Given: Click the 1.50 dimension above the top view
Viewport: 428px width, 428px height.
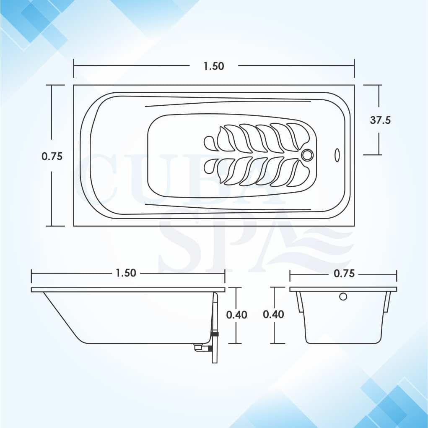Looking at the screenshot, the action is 214,66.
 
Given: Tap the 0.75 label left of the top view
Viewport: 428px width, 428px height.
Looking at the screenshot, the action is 52,156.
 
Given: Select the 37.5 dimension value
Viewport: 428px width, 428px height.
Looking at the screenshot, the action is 380,120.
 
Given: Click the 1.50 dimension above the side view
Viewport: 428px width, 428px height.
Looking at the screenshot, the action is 126,273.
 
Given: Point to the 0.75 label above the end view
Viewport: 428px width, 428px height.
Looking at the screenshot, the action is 344,273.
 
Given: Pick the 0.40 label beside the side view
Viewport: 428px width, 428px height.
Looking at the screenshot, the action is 237,315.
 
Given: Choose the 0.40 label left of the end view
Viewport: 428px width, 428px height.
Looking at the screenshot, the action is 273,314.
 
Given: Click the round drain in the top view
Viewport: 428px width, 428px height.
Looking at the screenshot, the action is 307,155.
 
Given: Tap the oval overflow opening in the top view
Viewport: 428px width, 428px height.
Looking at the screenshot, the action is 337,155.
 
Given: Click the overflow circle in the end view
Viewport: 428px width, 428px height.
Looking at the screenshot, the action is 343,297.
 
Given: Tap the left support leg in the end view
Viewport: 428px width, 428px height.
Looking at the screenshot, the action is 300,302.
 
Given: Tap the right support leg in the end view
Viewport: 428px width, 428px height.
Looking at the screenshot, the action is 387,302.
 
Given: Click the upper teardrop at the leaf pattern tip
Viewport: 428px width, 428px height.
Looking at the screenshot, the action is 210,143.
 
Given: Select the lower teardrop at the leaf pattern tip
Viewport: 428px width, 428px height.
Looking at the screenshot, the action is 210,167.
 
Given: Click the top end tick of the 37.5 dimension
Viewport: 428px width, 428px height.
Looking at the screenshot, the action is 373,85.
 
